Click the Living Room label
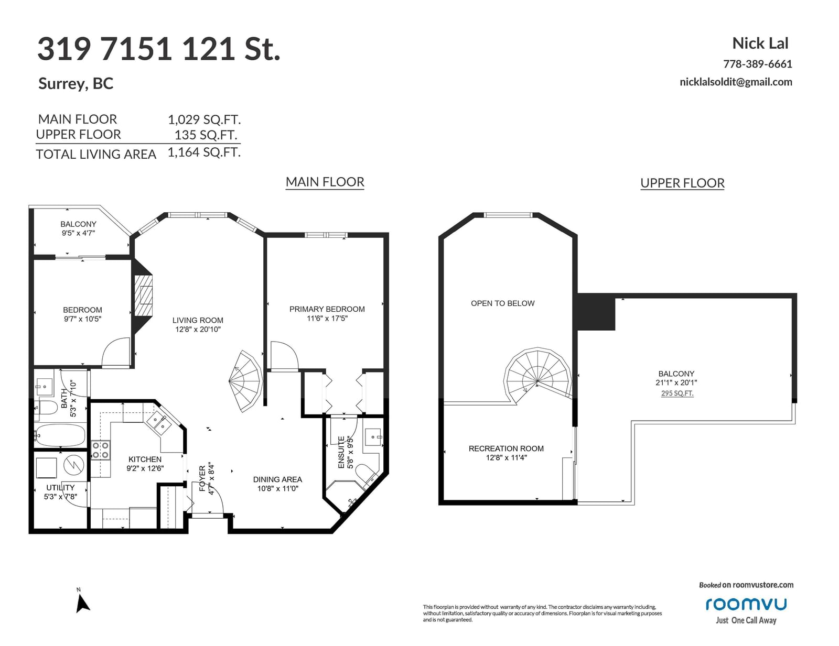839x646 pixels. (198, 320)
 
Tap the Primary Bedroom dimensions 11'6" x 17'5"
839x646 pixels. (327, 318)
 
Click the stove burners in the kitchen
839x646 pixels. (100, 450)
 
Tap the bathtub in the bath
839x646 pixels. (59, 435)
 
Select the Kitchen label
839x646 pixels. (145, 459)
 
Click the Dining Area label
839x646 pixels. (277, 479)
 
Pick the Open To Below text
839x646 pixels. (503, 303)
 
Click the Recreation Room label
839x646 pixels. (506, 448)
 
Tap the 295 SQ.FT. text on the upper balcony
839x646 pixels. (677, 393)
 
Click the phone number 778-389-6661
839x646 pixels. (758, 63)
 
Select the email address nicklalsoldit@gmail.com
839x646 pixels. (736, 82)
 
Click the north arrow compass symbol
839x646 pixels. (82, 603)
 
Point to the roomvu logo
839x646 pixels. (746, 604)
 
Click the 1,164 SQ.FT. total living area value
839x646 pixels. (205, 152)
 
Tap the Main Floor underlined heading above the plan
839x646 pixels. (325, 182)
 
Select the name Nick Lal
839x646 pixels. (760, 43)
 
